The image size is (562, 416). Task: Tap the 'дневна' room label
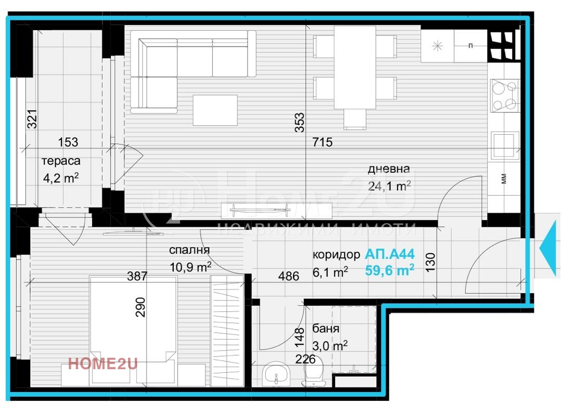coord(389,168)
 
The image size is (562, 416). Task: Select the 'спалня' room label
coord(189,250)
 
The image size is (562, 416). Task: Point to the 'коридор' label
coord(336,255)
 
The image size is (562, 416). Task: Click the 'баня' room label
coord(326,328)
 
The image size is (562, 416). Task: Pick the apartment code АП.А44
coord(390,254)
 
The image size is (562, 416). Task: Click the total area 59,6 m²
coord(390,270)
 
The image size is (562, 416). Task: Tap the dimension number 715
coord(323,142)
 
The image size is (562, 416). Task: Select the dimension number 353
coord(299,123)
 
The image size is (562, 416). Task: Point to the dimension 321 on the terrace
coord(32,119)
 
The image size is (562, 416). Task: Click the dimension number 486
coord(288,276)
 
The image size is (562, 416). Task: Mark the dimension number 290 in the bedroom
coord(140,307)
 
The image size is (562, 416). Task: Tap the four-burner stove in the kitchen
coord(505,96)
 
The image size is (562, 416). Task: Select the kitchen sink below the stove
coord(505,146)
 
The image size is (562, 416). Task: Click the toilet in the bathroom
coord(313,373)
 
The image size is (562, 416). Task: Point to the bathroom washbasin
coord(276,374)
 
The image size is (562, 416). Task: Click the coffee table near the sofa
coord(215,110)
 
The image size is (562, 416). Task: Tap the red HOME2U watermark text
coord(103,363)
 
